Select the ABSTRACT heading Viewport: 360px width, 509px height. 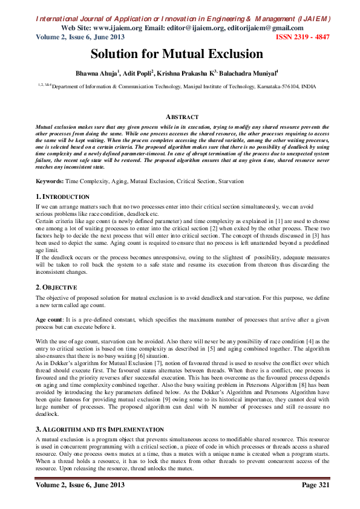[182, 117]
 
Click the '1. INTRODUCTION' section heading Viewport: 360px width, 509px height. [62, 197]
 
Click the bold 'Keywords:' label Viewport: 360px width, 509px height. [50, 181]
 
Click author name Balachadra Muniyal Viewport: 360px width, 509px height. [249, 74]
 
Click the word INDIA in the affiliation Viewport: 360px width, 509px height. [309, 87]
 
